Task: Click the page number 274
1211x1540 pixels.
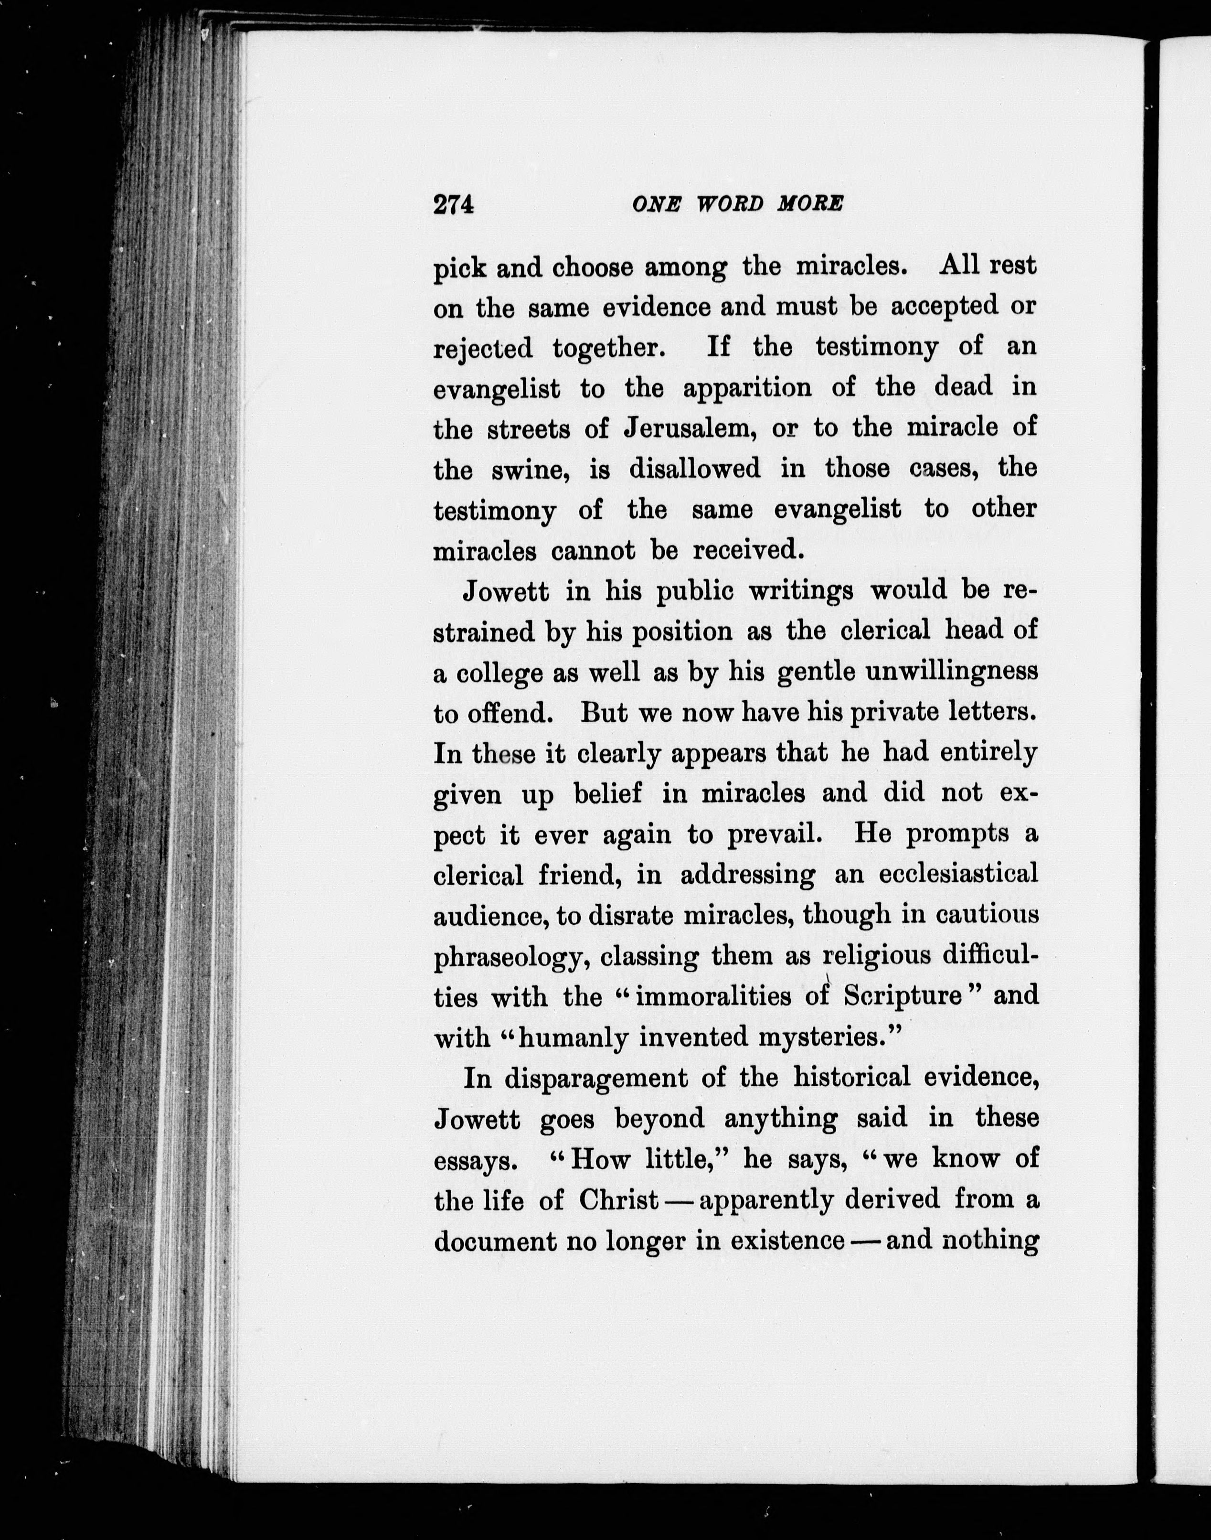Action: [x=453, y=205]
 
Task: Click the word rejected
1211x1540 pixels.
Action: [x=483, y=348]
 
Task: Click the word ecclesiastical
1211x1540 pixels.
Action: [x=958, y=874]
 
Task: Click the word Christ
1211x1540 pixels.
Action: [x=618, y=1200]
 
